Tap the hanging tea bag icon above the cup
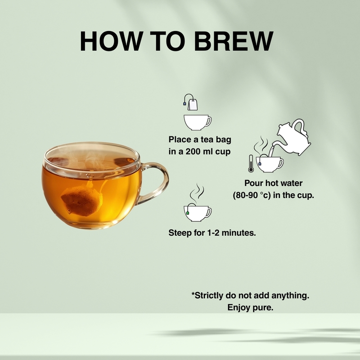coord(192,103)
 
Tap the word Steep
coord(179,233)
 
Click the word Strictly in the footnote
coord(210,296)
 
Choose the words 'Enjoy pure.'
coord(251,308)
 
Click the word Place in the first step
coord(179,139)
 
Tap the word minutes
coord(244,233)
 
